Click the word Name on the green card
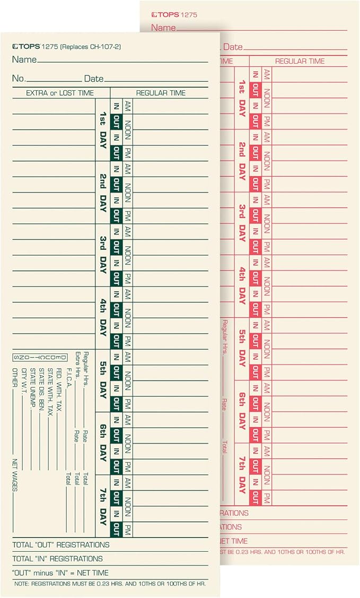pyautogui.click(x=24, y=59)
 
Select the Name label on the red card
pyautogui.click(x=163, y=28)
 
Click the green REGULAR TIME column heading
pyautogui.click(x=161, y=93)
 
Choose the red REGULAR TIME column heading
pyautogui.click(x=300, y=62)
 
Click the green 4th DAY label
pyautogui.click(x=103, y=317)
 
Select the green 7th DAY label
pyautogui.click(x=103, y=505)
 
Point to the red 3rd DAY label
pyautogui.click(x=242, y=223)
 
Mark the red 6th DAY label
pyautogui.click(x=242, y=411)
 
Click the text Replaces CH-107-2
pyautogui.click(x=90, y=47)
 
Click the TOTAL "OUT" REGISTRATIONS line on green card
pyautogui.click(x=61, y=545)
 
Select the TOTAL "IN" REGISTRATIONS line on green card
pyautogui.click(x=57, y=559)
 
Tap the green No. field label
pyautogui.click(x=19, y=79)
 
